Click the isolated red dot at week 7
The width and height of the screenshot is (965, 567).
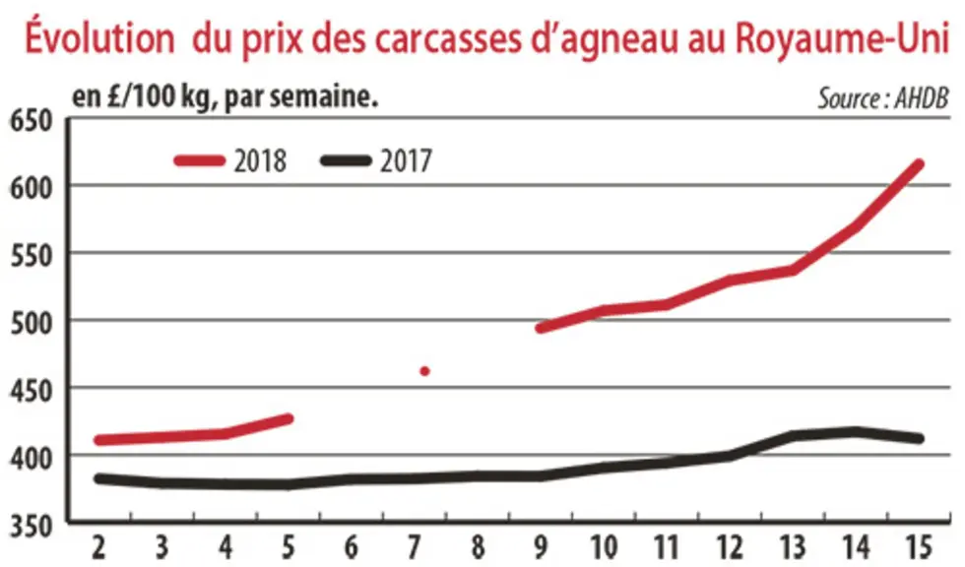424,371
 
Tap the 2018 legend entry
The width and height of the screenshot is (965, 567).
230,161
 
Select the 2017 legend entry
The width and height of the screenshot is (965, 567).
376,161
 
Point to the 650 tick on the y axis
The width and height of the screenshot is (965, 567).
31,120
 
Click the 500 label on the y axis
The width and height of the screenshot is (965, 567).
31,323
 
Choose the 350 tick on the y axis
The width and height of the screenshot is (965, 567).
31,527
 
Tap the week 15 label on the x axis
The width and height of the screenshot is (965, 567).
920,546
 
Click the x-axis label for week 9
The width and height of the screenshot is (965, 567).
541,546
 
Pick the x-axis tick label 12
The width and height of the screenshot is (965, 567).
731,546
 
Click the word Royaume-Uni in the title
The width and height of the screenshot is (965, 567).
842,38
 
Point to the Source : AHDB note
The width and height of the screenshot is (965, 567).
883,98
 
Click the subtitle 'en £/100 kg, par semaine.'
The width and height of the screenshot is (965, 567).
225,97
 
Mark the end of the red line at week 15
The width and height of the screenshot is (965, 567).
920,164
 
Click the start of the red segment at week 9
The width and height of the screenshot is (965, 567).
541,329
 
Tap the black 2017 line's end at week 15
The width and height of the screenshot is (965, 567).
920,438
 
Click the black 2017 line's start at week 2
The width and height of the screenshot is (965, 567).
98,478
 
